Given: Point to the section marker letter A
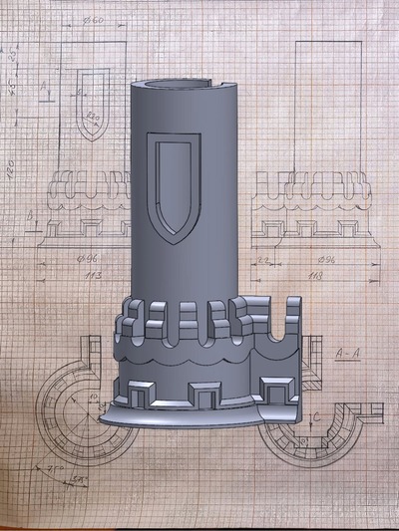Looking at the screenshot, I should coord(44,89).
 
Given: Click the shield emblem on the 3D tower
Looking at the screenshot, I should coord(176,189).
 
